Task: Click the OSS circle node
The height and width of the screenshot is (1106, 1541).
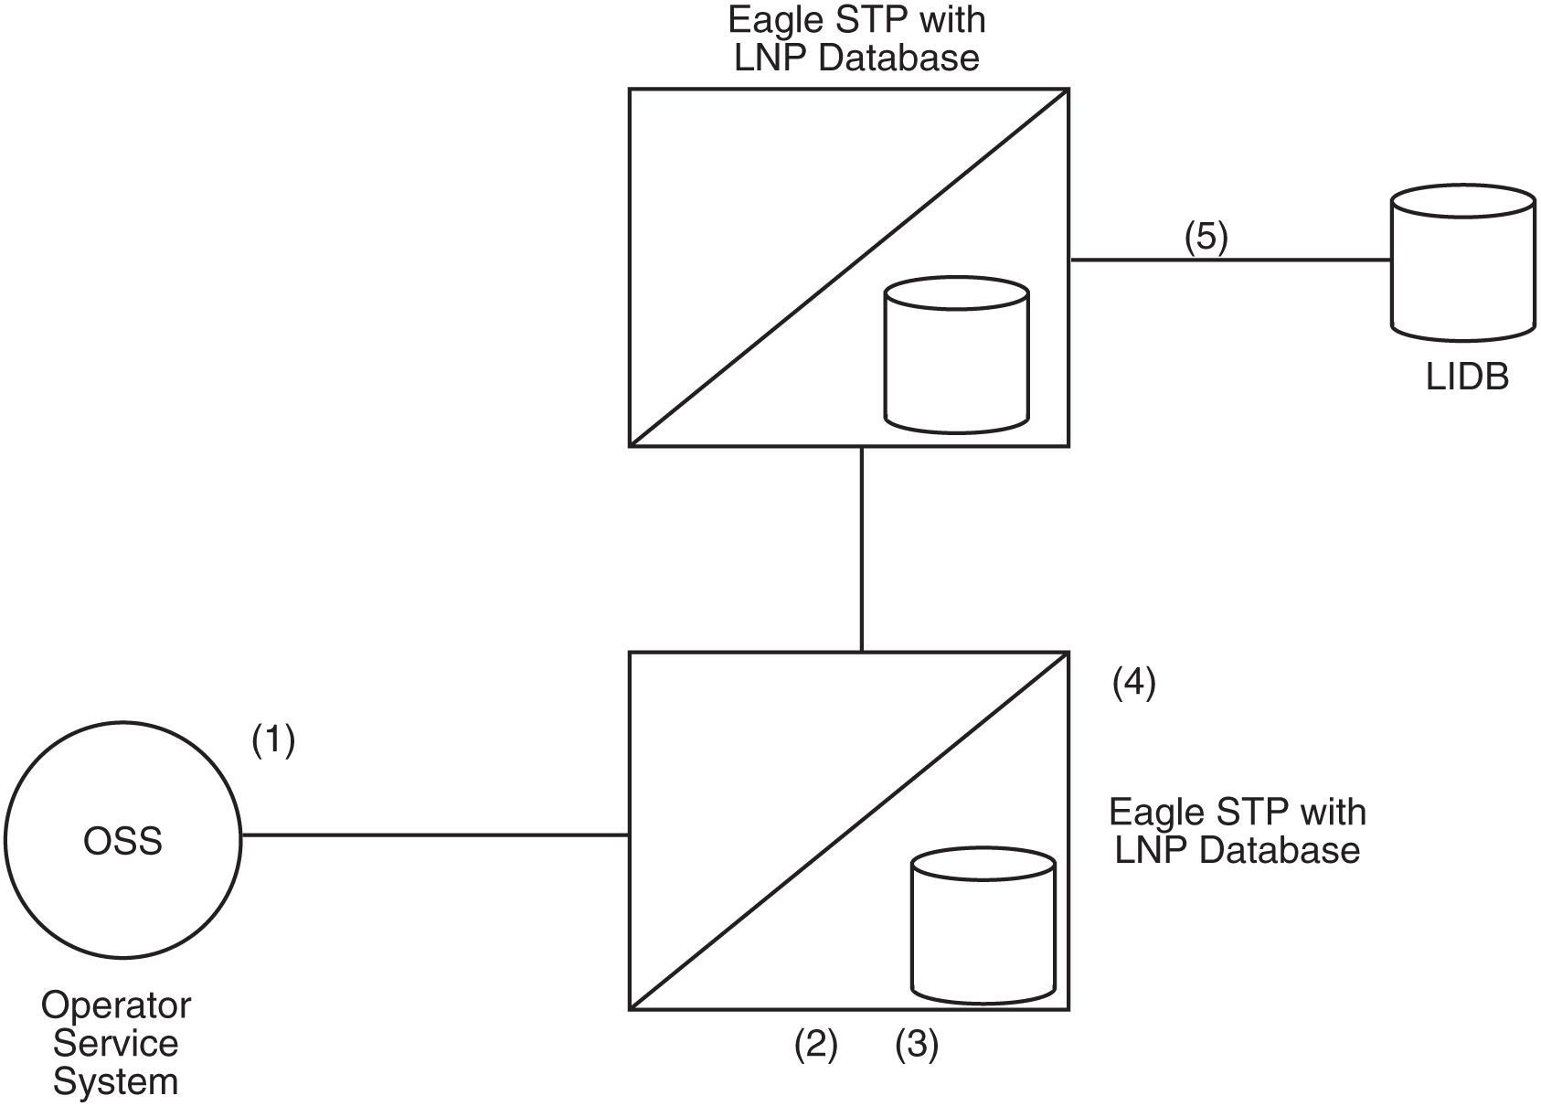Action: pyautogui.click(x=122, y=839)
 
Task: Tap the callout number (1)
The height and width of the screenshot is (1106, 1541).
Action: pyautogui.click(x=273, y=739)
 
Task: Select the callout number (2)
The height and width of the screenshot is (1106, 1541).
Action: pyautogui.click(x=815, y=1045)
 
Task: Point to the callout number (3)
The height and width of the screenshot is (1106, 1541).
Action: pyautogui.click(x=916, y=1045)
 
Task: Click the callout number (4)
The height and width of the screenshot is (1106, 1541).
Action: pyautogui.click(x=1133, y=683)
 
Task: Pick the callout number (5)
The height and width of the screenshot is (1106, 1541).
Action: pyautogui.click(x=1206, y=237)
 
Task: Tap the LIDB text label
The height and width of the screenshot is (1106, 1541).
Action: pyautogui.click(x=1466, y=377)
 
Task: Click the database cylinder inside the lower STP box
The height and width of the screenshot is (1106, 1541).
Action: pyautogui.click(x=983, y=924)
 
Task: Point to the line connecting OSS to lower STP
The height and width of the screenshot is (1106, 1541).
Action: pyautogui.click(x=434, y=835)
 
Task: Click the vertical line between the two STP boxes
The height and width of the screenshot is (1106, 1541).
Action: pyautogui.click(x=861, y=548)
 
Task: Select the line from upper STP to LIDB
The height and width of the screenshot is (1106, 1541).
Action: pyautogui.click(x=1229, y=260)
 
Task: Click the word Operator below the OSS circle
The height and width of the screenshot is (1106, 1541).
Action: pyautogui.click(x=116, y=1005)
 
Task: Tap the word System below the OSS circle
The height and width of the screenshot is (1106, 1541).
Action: pyautogui.click(x=115, y=1081)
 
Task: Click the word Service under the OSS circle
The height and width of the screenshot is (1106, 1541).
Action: pyautogui.click(x=115, y=1043)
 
